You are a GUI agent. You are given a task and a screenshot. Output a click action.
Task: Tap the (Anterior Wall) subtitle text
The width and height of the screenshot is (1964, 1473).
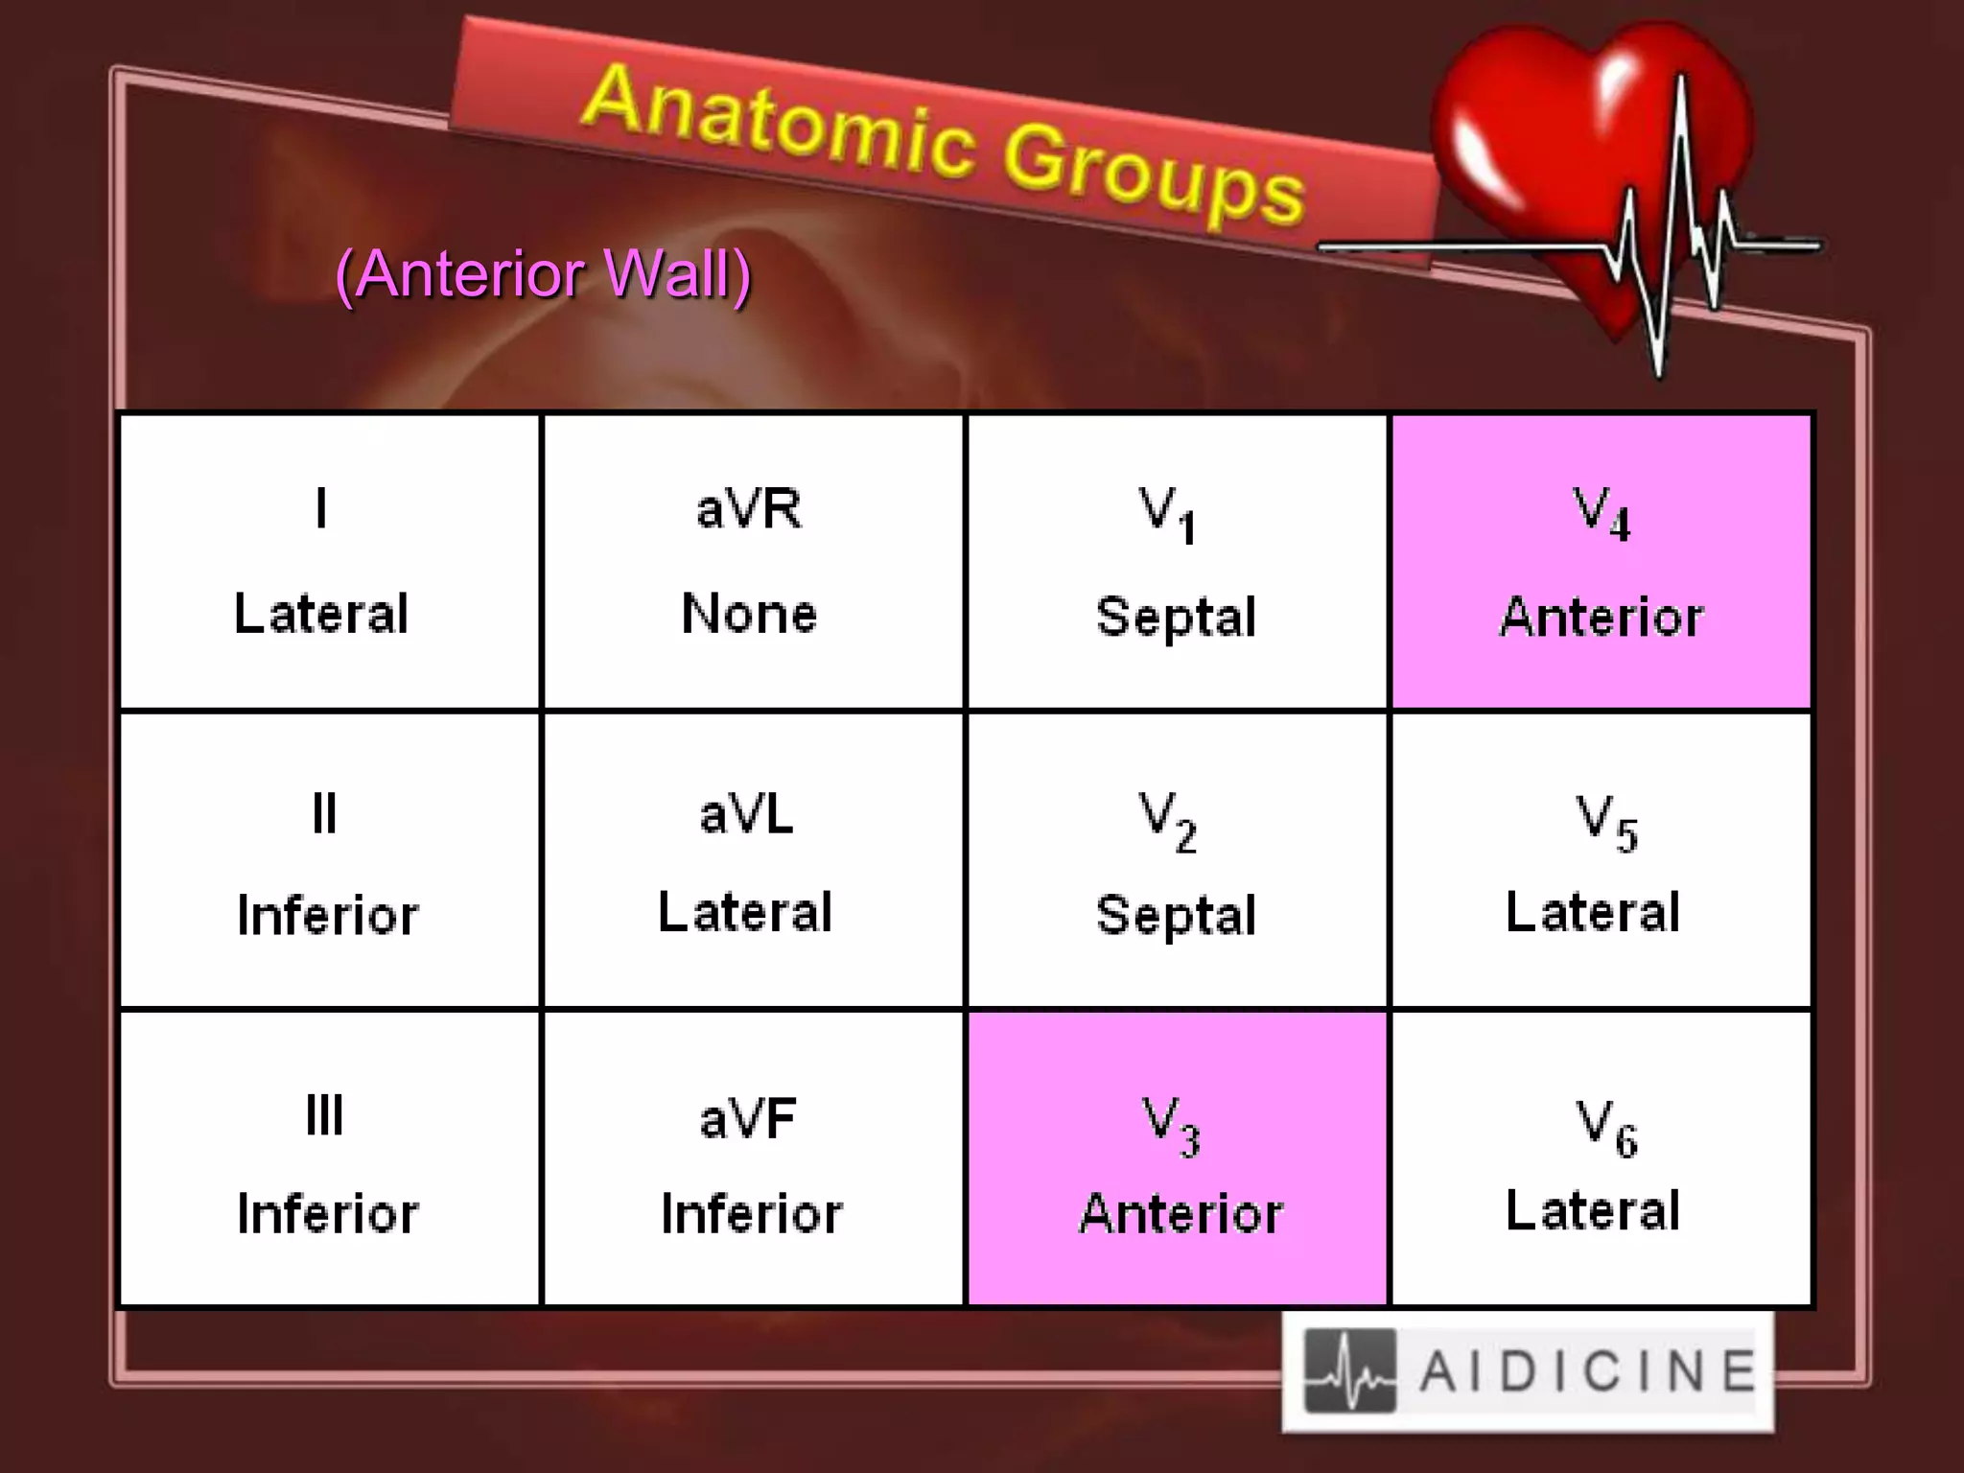543,275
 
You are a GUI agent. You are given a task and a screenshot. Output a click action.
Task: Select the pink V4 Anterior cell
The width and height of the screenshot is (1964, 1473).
1601,562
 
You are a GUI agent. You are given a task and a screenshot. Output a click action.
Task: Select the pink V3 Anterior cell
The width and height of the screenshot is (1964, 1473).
1177,1159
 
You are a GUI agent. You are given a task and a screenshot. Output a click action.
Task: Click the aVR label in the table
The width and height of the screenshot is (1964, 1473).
749,508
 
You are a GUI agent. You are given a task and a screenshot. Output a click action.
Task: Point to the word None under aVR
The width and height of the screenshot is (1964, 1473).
749,614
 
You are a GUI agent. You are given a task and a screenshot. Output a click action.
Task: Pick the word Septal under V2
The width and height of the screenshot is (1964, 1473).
1176,915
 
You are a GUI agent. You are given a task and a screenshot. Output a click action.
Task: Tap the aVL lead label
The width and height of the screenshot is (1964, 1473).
747,815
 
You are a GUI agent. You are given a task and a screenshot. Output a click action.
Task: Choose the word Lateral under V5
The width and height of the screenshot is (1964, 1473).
1593,912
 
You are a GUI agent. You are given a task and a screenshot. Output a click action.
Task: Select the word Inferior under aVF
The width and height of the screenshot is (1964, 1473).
752,1214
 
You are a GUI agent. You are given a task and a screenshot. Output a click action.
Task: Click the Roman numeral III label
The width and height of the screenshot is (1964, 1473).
324,1115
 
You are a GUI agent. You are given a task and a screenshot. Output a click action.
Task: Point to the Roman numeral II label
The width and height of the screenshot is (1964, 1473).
324,815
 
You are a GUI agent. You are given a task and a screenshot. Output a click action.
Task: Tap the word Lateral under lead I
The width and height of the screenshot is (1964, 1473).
321,614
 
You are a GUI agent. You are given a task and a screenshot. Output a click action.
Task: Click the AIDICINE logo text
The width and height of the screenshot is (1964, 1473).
1587,1371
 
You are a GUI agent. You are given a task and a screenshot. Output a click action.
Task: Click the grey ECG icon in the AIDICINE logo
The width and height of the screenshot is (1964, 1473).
1349,1371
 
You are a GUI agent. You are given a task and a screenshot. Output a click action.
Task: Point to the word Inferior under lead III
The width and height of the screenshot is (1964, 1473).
328,1214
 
